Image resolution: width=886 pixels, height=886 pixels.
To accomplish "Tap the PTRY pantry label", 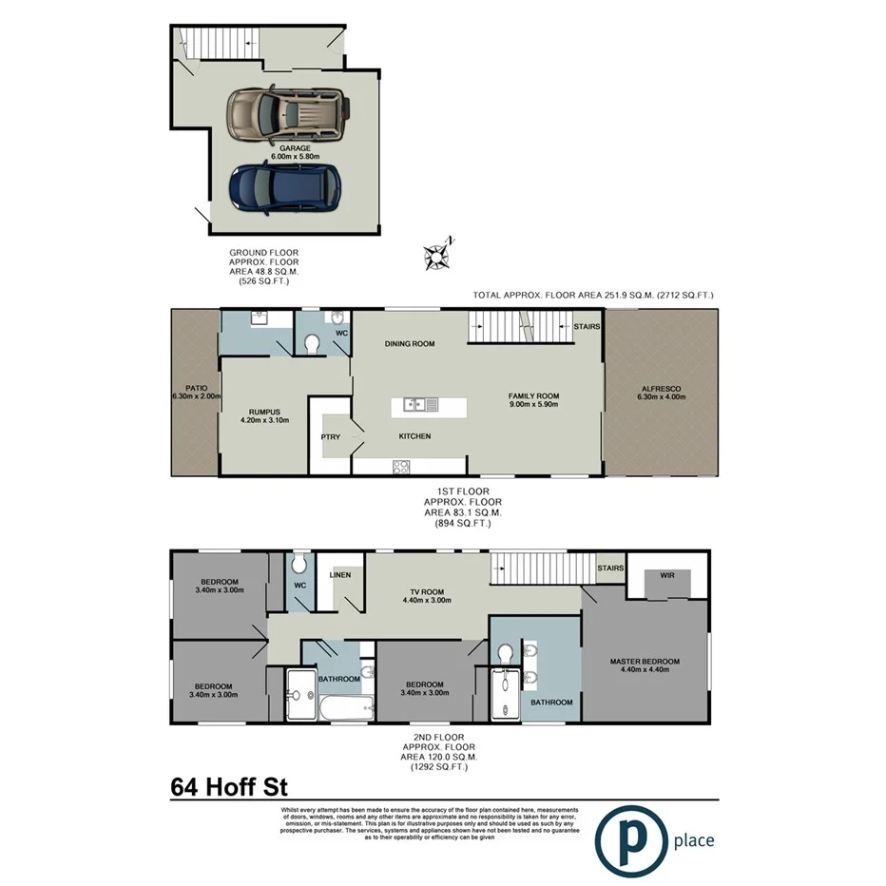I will pos(330,437).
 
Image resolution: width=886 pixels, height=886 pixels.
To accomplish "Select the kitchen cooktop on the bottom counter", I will pos(401,466).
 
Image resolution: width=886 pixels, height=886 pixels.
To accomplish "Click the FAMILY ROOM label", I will pos(532,395).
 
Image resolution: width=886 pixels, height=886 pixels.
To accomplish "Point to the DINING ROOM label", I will pos(409,343).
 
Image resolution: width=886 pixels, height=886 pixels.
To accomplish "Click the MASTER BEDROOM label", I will pos(645,662).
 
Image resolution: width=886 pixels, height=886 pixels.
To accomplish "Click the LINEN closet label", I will pos(340,575).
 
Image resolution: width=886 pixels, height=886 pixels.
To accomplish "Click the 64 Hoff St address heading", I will pos(228,786).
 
